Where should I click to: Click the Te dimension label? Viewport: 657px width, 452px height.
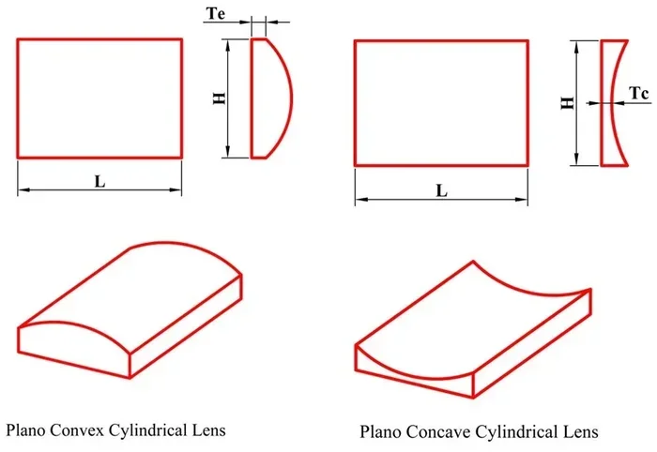[216, 13]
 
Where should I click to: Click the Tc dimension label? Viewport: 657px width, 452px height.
[639, 94]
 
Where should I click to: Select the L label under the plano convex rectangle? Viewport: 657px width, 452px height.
[99, 181]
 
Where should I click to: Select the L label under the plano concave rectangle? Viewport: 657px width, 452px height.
[442, 191]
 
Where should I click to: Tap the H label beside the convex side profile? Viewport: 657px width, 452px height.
[220, 98]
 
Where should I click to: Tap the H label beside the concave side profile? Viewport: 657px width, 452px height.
[567, 102]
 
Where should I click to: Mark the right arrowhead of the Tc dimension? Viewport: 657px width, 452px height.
[618, 103]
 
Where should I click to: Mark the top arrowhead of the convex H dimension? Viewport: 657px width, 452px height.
[228, 44]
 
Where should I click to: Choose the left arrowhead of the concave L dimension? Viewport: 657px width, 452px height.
[360, 200]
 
